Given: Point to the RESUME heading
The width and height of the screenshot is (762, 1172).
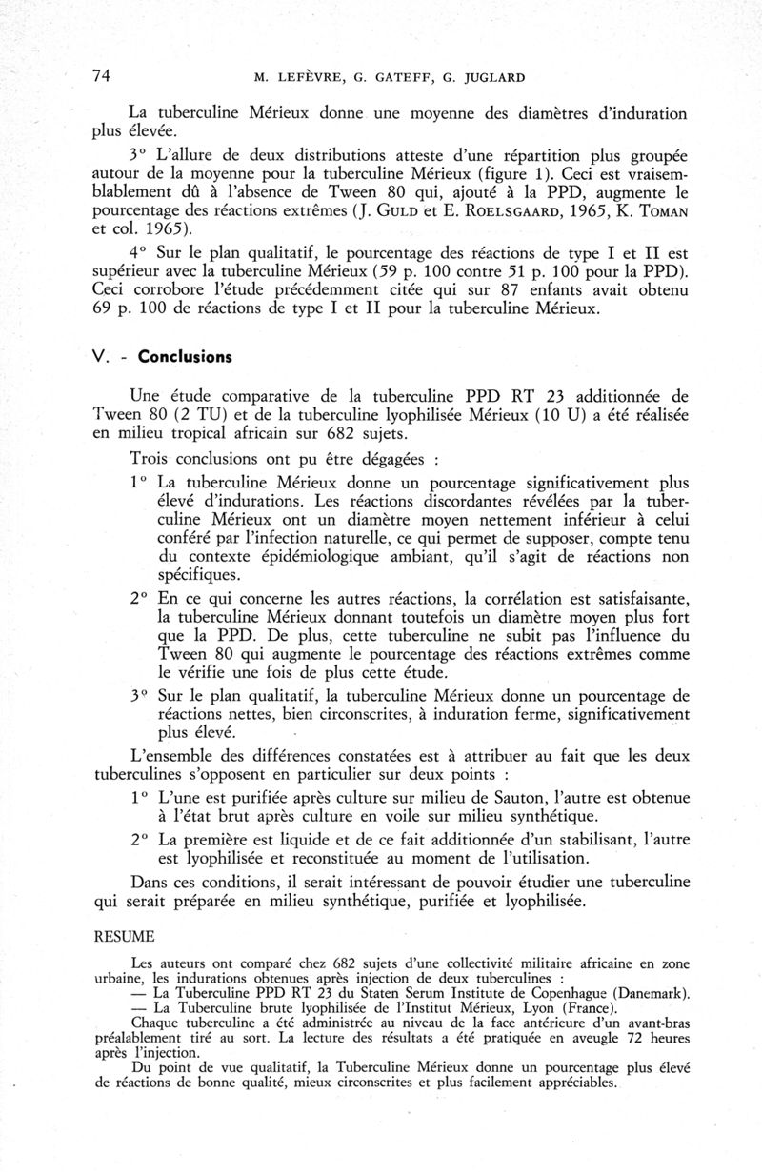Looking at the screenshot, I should click(x=124, y=936).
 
